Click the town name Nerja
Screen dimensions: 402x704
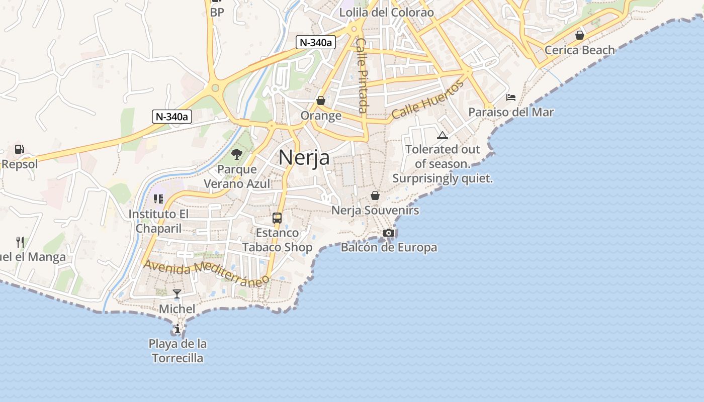pos(304,157)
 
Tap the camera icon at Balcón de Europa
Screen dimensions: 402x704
pos(388,233)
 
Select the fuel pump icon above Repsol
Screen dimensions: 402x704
pos(20,149)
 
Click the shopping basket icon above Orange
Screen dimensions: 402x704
pos(321,101)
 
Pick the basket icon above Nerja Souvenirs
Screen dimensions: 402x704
pos(375,195)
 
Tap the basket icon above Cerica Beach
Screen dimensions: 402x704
pos(580,35)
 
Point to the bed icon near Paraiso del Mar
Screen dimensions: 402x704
pos(511,97)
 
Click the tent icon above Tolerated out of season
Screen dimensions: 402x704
pos(443,135)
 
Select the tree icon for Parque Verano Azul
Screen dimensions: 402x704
pos(237,154)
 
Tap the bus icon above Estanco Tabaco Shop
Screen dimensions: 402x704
pos(277,218)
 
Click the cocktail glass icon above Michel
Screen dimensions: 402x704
pos(177,294)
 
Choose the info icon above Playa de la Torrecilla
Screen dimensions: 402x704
pos(178,329)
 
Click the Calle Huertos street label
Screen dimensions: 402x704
pos(427,100)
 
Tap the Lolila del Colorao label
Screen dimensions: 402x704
pos(386,13)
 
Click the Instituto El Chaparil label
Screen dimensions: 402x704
pos(158,221)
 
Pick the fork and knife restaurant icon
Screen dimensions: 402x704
pos(20,242)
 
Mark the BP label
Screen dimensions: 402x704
pos(217,13)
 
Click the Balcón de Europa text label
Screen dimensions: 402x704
pos(389,247)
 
